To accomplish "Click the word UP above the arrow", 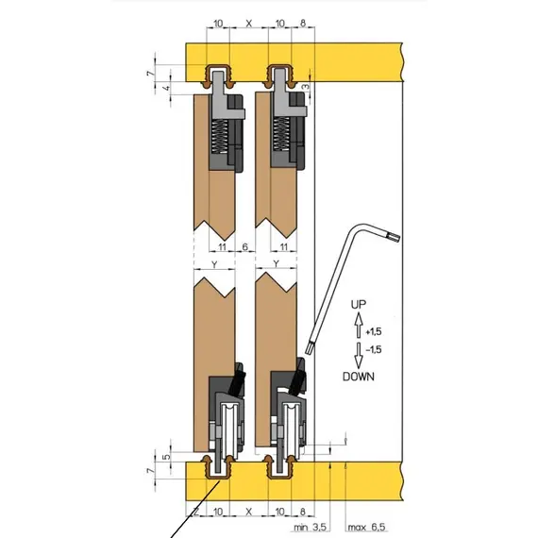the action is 359,304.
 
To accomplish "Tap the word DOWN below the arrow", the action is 359,377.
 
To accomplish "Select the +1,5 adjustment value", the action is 374,332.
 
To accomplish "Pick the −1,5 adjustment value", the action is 374,349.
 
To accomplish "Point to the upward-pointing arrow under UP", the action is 359,325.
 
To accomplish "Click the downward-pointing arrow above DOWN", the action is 359,356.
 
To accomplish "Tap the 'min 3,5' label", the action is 311,527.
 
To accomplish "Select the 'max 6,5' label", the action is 366,527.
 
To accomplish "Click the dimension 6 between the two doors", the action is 245,246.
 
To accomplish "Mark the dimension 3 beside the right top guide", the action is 307,87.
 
